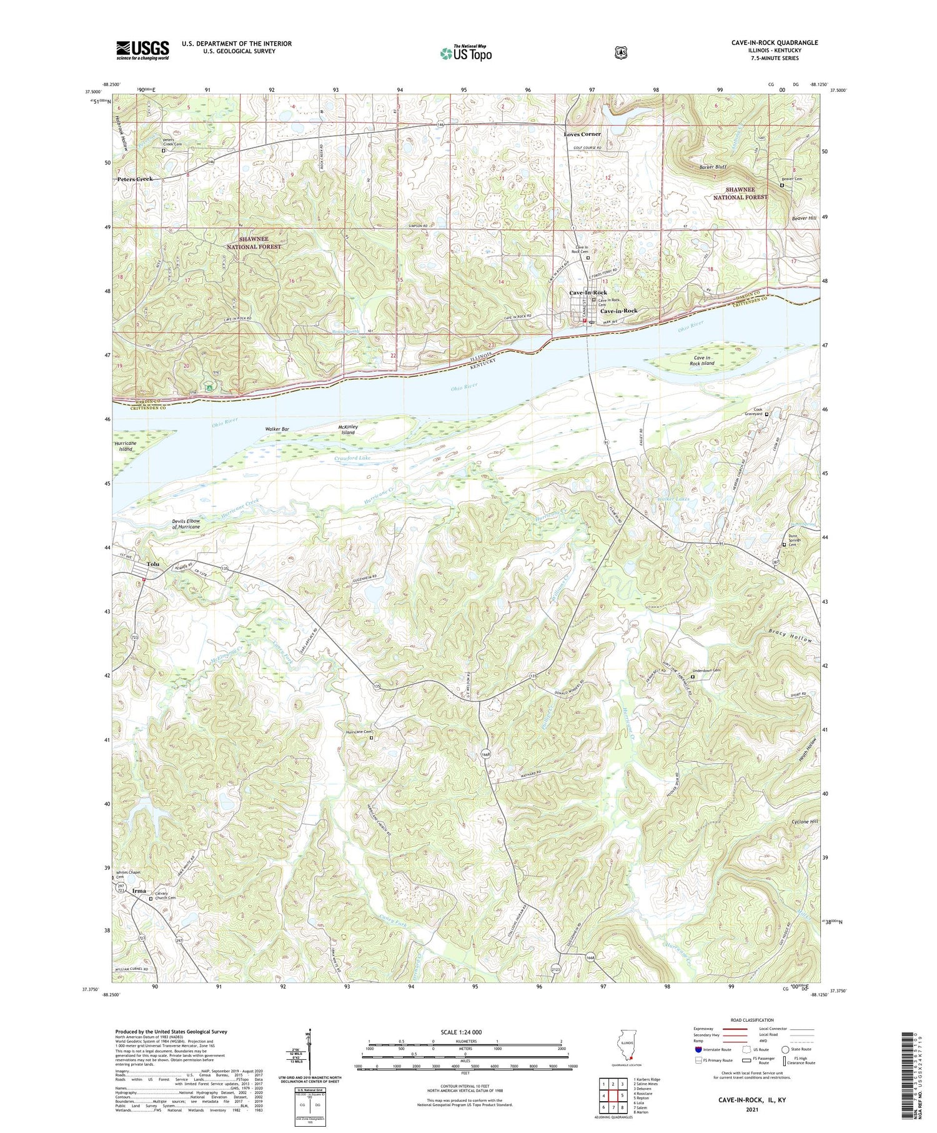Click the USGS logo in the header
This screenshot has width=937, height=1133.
(x=142, y=50)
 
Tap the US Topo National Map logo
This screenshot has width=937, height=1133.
(x=465, y=53)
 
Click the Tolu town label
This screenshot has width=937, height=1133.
(x=153, y=564)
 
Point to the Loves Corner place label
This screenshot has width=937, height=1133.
(x=582, y=134)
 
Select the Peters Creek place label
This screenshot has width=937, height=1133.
(x=135, y=179)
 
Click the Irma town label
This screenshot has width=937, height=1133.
(x=139, y=891)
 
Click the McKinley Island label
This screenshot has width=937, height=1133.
(x=348, y=429)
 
